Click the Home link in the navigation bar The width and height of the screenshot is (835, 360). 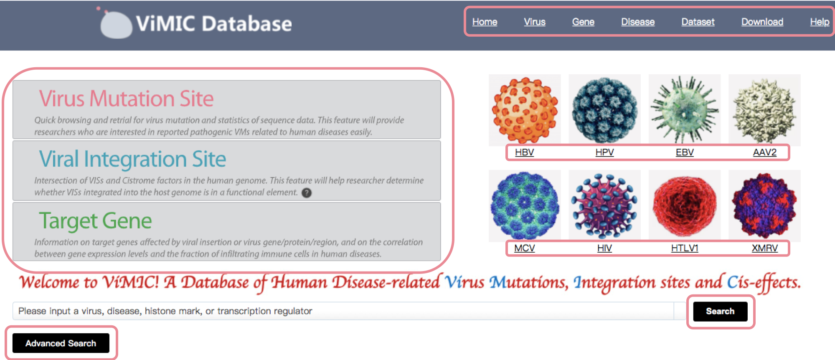(x=485, y=22)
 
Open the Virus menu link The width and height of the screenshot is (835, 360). (x=535, y=22)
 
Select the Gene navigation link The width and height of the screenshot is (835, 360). (x=583, y=22)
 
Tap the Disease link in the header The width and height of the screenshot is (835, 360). (x=638, y=22)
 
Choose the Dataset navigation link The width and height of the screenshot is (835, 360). (x=698, y=22)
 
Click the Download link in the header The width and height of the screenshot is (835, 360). (x=762, y=22)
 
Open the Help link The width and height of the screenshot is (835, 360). (x=820, y=22)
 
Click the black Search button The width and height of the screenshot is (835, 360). (x=720, y=311)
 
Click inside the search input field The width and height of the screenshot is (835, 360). (x=343, y=311)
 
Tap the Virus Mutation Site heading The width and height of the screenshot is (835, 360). (x=126, y=99)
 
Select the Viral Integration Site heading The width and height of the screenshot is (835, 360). (x=132, y=159)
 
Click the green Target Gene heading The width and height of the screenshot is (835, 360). (x=95, y=221)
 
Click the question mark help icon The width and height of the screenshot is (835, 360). (x=307, y=193)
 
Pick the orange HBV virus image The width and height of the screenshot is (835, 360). (x=525, y=110)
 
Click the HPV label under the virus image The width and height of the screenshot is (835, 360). (x=604, y=152)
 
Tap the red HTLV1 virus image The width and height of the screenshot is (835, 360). (x=685, y=205)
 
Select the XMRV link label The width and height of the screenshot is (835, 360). (x=765, y=248)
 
